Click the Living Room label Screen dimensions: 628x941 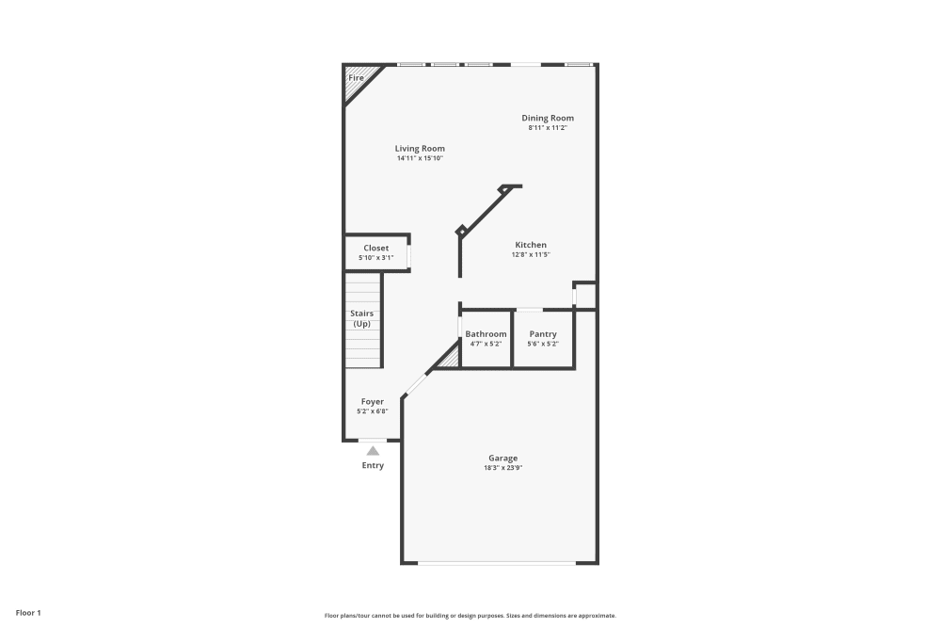(420, 149)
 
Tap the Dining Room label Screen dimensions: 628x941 (548, 118)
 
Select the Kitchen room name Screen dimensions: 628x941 (530, 245)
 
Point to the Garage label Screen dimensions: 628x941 (502, 459)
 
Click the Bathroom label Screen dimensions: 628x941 (486, 334)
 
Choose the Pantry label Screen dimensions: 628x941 (543, 334)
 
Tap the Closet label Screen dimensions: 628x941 (375, 249)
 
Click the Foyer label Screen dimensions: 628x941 (372, 402)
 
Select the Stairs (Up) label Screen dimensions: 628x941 (361, 318)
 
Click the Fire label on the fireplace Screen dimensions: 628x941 (357, 77)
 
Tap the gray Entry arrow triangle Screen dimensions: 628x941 (373, 451)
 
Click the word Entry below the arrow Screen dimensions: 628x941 (373, 466)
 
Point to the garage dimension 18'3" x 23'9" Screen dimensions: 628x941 (502, 468)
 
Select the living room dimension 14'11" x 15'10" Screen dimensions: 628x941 (420, 158)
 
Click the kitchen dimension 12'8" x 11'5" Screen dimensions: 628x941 (530, 254)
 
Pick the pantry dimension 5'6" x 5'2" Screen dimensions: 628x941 (543, 344)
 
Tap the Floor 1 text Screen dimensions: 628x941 (28, 613)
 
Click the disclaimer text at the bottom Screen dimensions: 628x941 (470, 615)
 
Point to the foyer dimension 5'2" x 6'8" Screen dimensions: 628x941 (372, 411)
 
